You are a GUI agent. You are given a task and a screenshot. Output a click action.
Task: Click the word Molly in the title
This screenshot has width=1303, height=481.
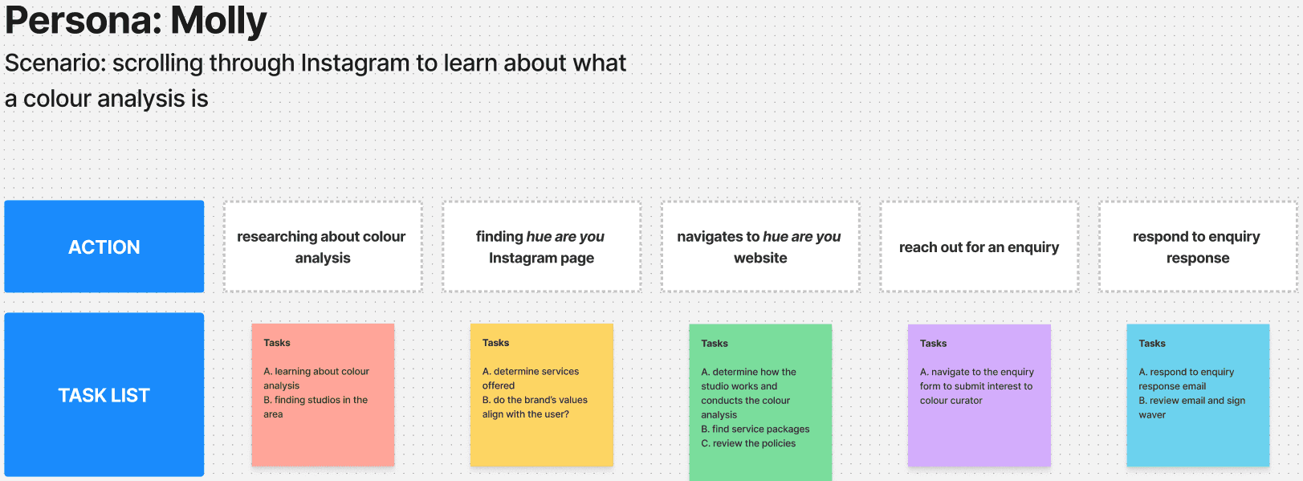tap(218, 21)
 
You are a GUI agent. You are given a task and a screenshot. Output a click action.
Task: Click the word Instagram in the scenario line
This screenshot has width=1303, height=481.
tap(355, 63)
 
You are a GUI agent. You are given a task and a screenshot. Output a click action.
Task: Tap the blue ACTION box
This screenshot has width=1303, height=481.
tap(104, 247)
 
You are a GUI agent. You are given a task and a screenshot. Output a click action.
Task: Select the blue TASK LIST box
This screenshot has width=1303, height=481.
tap(104, 395)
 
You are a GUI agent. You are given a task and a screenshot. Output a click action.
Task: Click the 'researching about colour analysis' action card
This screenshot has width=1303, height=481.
tap(323, 247)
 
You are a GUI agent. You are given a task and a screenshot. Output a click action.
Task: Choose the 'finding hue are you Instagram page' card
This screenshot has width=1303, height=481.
tap(542, 247)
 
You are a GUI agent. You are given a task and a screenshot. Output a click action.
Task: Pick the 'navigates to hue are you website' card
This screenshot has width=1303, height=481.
tap(760, 247)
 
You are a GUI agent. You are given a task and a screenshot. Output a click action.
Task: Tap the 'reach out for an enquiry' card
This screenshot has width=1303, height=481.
tap(979, 247)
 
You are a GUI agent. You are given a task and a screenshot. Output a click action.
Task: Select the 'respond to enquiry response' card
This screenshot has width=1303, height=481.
tap(1198, 247)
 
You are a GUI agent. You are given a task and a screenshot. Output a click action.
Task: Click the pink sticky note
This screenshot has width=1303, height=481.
tap(323, 395)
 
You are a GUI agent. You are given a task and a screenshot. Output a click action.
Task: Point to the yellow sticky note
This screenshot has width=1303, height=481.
tap(542, 395)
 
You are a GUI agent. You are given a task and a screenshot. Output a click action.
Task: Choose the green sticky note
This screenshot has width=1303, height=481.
tap(760, 402)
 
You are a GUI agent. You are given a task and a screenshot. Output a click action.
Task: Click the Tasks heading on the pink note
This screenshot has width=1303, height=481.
tap(277, 343)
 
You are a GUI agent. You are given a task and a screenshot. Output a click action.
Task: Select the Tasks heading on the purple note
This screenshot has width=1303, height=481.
tap(933, 343)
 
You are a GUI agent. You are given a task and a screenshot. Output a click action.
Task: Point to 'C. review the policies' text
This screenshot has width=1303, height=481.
tap(748, 443)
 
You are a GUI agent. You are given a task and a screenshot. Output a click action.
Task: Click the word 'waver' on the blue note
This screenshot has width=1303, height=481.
tap(1152, 414)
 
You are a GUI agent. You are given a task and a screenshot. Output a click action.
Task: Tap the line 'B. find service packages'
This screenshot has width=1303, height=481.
tap(755, 430)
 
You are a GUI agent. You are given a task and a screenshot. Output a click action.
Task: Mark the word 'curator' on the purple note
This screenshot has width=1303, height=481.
tap(965, 401)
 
